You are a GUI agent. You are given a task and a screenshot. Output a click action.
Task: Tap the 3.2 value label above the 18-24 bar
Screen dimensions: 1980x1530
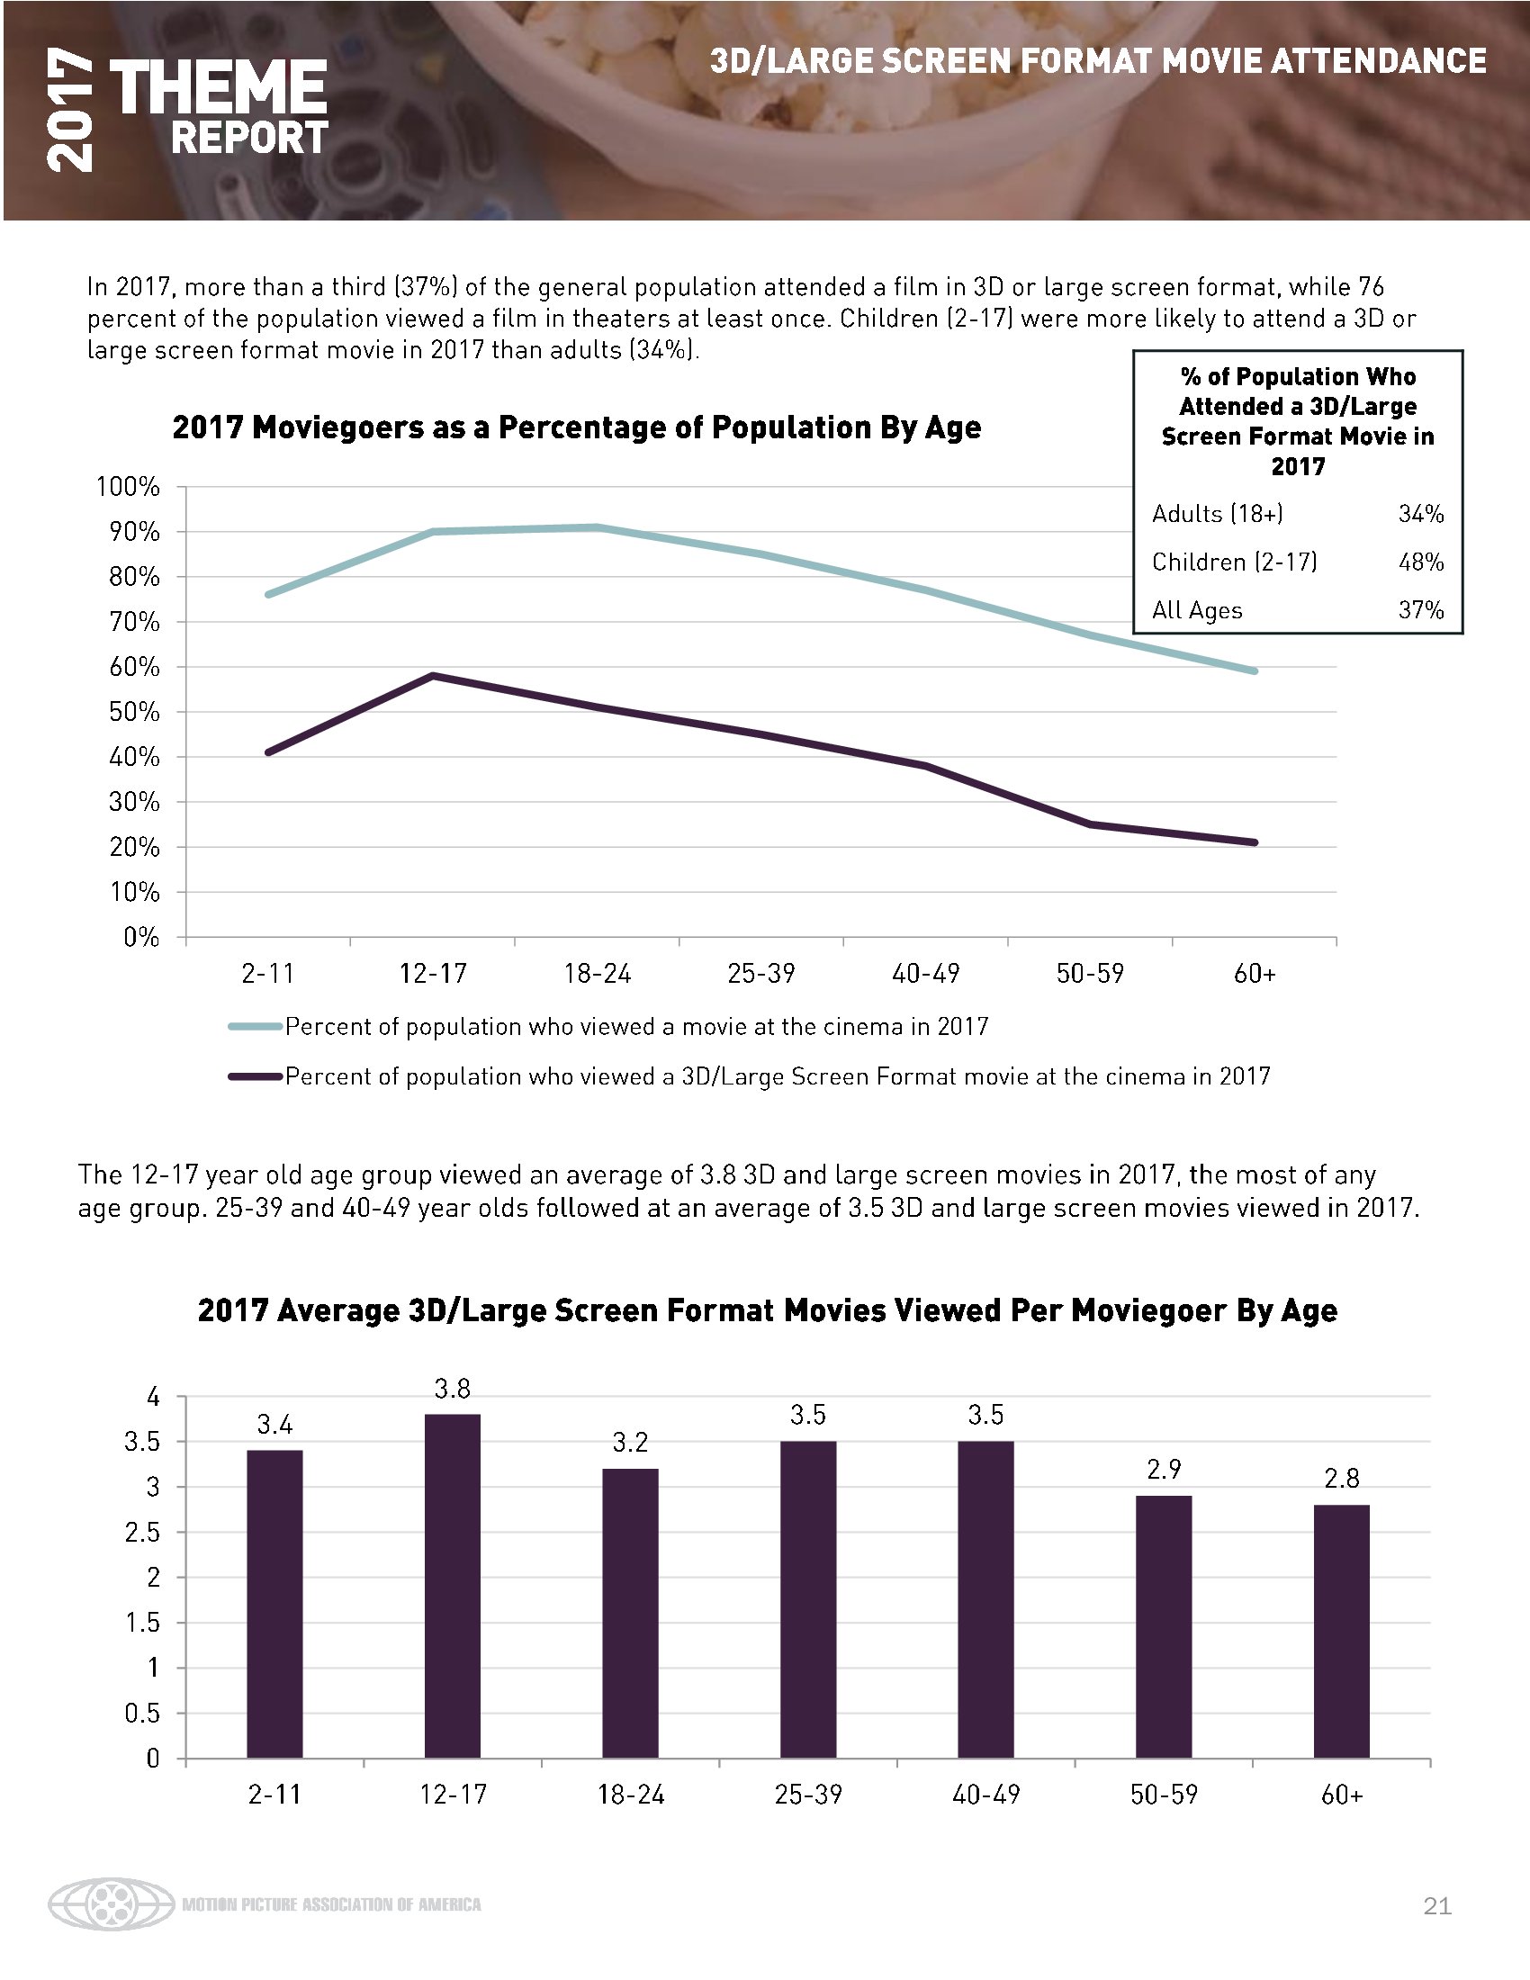[630, 1442]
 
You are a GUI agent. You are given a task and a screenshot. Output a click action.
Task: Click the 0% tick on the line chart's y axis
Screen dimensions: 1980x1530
[141, 938]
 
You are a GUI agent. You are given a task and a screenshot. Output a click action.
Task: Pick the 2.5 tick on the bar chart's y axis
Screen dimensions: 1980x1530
[141, 1532]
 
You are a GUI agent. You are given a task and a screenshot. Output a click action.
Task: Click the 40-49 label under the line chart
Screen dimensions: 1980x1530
[925, 974]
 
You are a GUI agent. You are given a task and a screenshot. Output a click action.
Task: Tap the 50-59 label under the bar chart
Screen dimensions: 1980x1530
[1164, 1794]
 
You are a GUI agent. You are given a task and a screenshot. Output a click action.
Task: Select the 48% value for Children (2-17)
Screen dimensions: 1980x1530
[1420, 562]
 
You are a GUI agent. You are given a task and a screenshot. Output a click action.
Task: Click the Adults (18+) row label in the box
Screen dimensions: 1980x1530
[1218, 514]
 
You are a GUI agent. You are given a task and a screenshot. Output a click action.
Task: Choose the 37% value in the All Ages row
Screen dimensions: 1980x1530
[1420, 610]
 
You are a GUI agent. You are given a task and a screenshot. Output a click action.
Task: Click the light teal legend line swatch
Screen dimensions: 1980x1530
[256, 1027]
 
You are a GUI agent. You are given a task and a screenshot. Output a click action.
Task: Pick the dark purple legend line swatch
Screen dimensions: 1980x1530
[256, 1077]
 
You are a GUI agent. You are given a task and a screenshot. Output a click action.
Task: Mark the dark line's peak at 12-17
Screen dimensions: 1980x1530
[433, 675]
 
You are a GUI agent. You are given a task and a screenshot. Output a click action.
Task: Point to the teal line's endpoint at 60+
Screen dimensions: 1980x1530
[1255, 670]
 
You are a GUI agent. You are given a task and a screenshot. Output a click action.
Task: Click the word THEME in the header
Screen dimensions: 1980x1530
[218, 88]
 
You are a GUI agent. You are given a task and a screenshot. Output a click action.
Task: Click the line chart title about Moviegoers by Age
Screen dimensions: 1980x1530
[577, 427]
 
